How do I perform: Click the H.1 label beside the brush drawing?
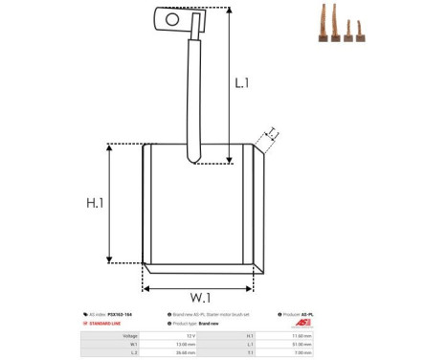coord(95,203)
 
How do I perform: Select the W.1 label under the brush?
coord(199,297)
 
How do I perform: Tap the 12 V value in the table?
coord(190,336)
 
